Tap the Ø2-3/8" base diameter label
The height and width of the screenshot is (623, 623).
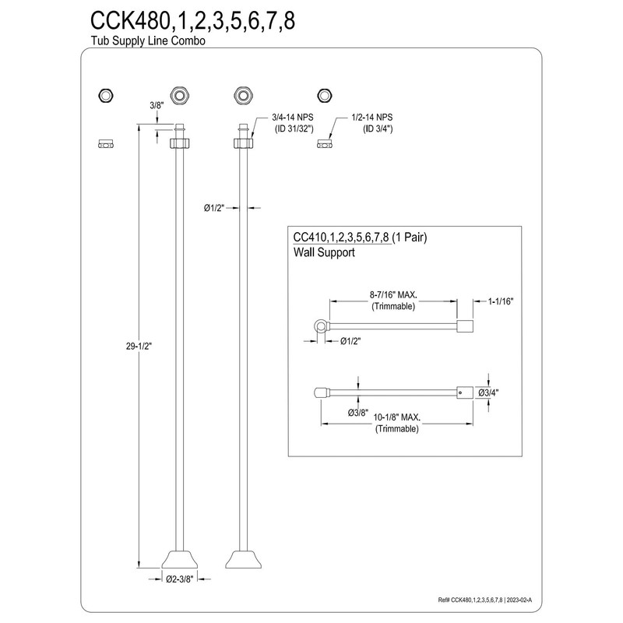[x=181, y=578]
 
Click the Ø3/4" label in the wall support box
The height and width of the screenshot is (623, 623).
[x=487, y=392]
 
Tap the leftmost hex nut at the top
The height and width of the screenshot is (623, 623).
[x=104, y=96]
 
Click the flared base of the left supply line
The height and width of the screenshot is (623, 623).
[x=180, y=558]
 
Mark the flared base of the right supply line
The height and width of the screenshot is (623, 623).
[x=241, y=558]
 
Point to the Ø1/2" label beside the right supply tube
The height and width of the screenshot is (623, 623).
[x=215, y=207]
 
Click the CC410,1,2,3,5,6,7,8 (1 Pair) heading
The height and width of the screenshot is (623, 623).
[x=359, y=236]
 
